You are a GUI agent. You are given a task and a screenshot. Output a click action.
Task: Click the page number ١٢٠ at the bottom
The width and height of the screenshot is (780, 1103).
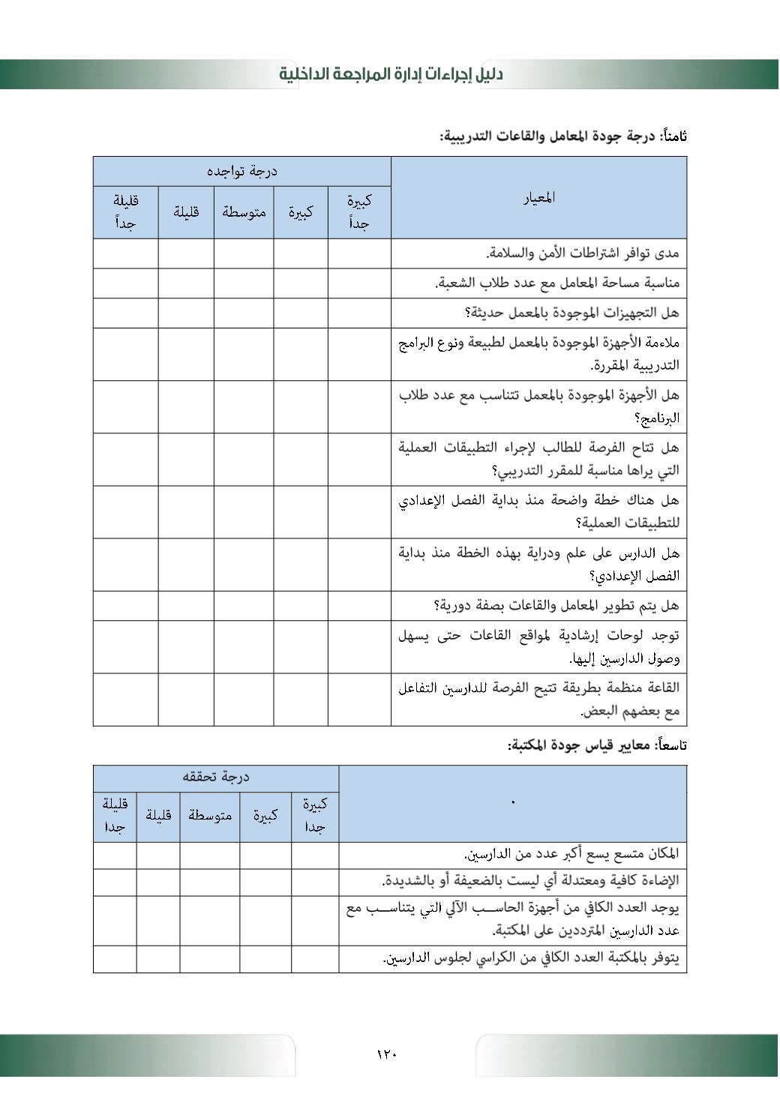(x=386, y=1054)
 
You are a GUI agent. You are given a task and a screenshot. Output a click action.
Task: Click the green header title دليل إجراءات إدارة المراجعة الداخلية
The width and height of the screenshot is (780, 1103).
(x=391, y=73)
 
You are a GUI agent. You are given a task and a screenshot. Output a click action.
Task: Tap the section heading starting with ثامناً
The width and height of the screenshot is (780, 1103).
(x=563, y=136)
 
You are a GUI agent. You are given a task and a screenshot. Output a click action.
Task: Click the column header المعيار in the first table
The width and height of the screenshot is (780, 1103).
(x=538, y=198)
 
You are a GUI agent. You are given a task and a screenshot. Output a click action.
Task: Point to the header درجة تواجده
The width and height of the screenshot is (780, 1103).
(x=241, y=172)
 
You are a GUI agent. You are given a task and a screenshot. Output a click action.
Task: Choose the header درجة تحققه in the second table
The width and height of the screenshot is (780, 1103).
(x=216, y=778)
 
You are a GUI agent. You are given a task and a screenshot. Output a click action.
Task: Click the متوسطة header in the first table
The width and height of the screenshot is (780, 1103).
(x=244, y=212)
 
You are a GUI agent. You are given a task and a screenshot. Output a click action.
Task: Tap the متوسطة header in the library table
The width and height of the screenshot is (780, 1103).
(x=210, y=815)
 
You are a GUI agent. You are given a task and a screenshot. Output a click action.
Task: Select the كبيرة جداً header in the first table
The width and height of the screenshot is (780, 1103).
(x=359, y=212)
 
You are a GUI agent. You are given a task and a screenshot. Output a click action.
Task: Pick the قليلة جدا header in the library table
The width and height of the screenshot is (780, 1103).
(x=115, y=815)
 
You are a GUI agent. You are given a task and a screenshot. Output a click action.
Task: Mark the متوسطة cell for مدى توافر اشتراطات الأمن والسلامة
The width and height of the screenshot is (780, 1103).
(x=244, y=253)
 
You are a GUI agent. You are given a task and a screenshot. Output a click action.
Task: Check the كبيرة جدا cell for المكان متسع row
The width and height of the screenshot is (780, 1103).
(x=315, y=855)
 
